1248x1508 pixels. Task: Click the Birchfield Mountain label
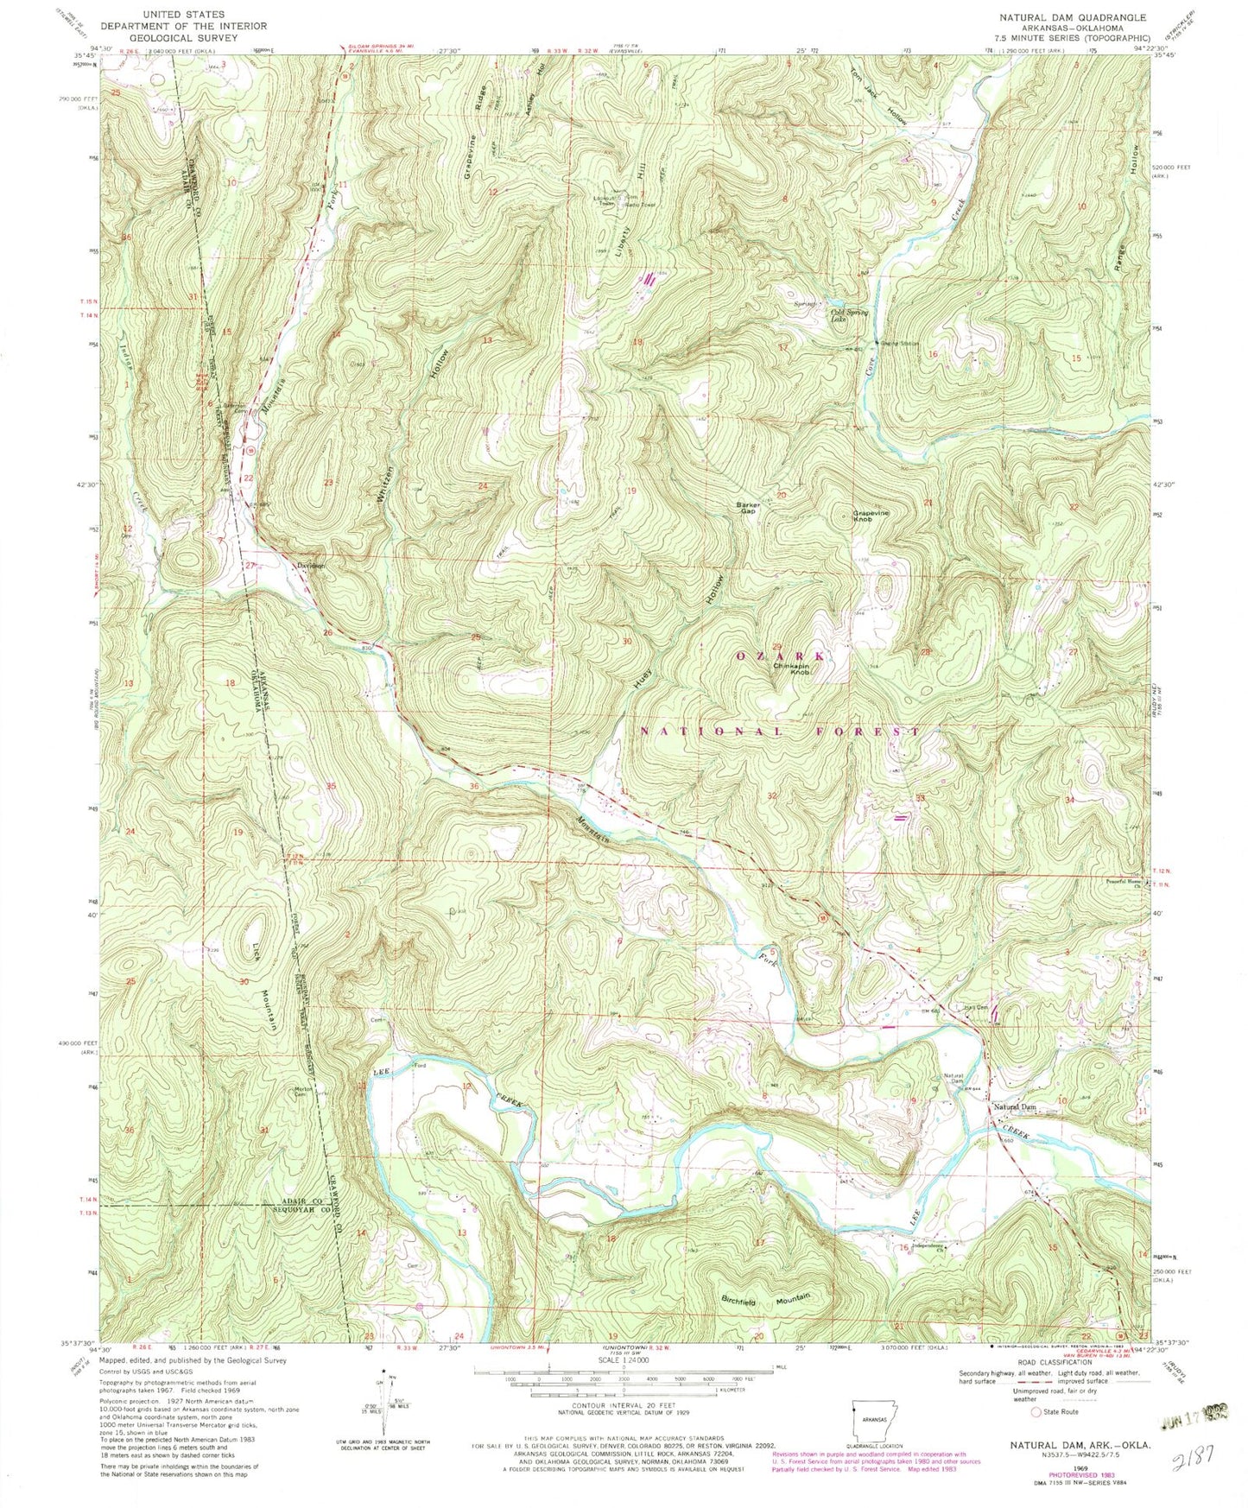point(766,1298)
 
